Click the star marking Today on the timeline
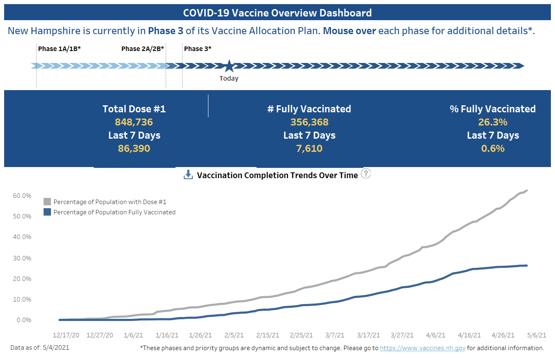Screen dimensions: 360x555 [229, 66]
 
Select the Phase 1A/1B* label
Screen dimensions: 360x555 [59, 49]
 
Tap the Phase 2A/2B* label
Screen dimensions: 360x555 [143, 49]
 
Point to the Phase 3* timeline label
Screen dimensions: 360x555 [198, 49]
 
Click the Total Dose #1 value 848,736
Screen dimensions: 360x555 [134, 122]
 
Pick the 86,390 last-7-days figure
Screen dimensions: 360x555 [134, 149]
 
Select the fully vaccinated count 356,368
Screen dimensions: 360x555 [309, 122]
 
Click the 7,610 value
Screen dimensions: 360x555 [309, 149]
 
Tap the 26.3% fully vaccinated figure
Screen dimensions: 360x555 [493, 122]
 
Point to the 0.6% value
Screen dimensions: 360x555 [493, 149]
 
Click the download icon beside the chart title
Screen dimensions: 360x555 [188, 175]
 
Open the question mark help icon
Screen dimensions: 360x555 [365, 174]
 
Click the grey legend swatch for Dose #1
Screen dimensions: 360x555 [47, 202]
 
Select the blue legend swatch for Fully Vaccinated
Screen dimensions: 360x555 [47, 212]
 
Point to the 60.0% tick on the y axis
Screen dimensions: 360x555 [22, 196]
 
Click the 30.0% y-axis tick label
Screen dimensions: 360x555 [22, 258]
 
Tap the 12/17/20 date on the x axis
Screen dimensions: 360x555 [66, 335]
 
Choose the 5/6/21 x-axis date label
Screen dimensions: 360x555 [537, 335]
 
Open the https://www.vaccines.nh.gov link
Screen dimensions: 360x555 [422, 348]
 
